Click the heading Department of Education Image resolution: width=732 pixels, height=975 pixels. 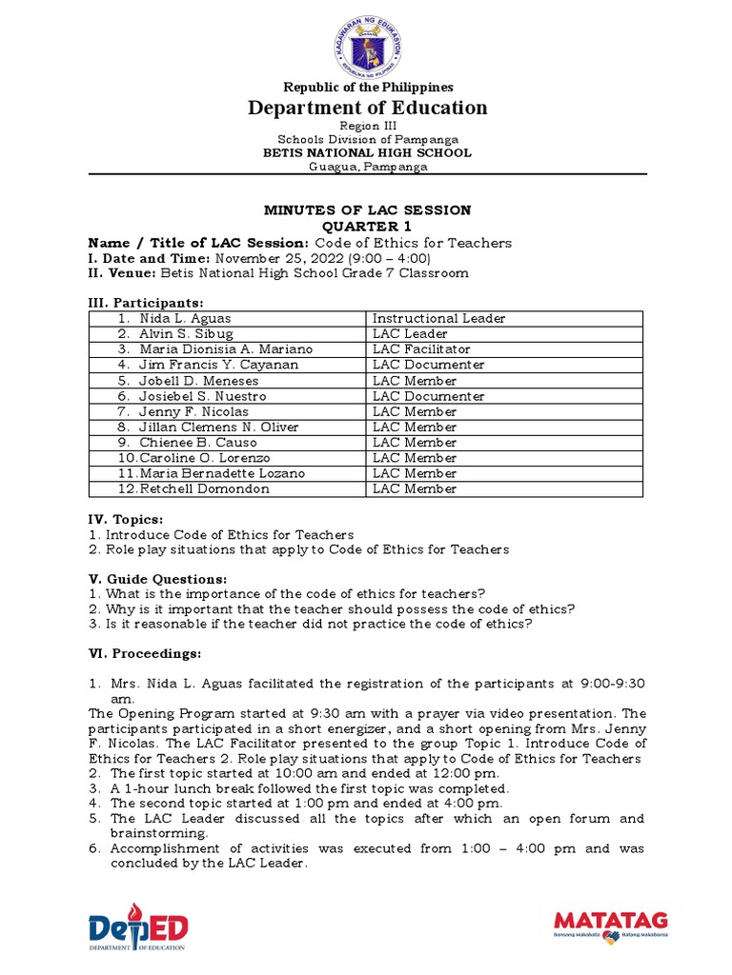[x=368, y=108]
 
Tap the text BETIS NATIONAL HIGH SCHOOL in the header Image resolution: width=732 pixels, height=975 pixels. [x=368, y=152]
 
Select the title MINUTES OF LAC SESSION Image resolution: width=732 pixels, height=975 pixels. [x=367, y=209]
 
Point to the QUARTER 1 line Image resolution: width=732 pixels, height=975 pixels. [x=367, y=227]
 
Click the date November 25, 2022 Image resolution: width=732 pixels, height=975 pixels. [x=274, y=258]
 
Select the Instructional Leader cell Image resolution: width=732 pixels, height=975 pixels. [x=438, y=318]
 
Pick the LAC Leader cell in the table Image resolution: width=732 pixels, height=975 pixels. [x=410, y=334]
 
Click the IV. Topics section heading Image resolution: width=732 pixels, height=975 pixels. [x=126, y=519]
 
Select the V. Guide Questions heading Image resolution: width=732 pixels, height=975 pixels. [x=157, y=579]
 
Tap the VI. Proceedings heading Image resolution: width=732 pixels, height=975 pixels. [x=145, y=653]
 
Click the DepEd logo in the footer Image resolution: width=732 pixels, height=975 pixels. [x=137, y=927]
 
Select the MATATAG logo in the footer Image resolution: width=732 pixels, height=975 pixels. [x=610, y=925]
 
